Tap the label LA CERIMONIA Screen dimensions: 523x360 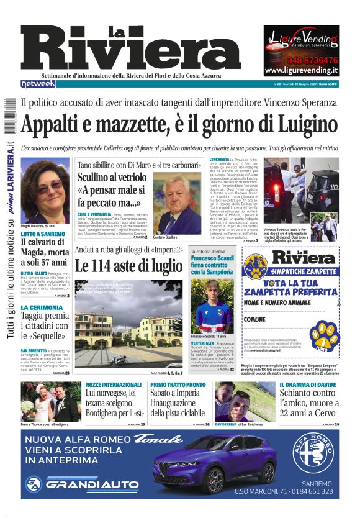point(41,307)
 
